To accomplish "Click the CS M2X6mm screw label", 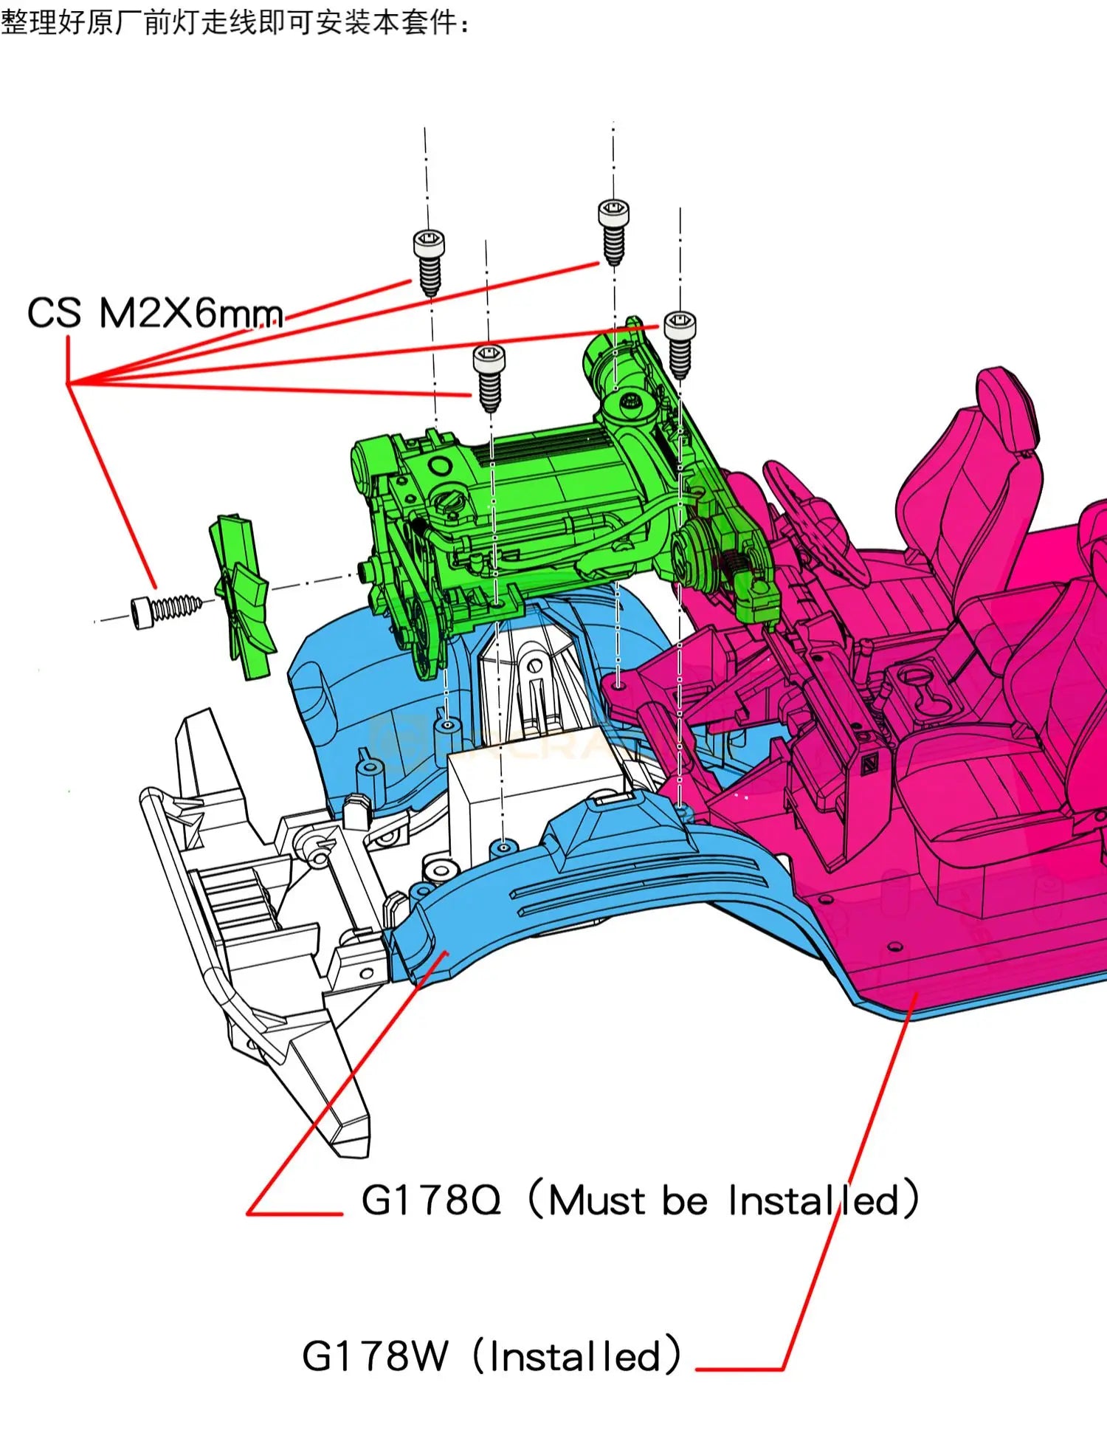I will coord(155,313).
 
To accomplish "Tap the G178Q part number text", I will coord(431,1200).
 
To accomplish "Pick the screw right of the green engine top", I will coord(679,343).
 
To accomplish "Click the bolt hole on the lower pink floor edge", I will coord(894,946).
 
